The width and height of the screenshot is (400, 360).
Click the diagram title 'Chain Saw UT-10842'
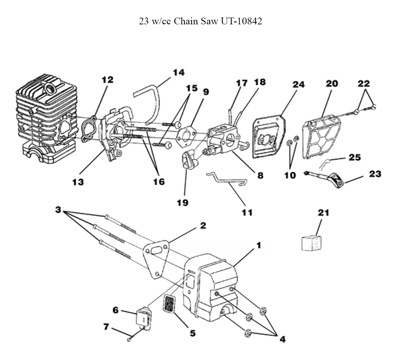pos(218,21)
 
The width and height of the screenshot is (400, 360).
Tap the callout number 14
pos(178,72)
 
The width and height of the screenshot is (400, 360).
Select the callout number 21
pos(324,212)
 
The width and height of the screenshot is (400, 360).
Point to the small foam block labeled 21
pos(312,244)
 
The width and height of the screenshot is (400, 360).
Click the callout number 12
pos(107,80)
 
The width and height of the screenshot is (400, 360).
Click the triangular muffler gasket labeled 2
pos(156,258)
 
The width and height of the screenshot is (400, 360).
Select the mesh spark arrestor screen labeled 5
pos(169,303)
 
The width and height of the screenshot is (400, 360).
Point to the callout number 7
pos(106,326)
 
